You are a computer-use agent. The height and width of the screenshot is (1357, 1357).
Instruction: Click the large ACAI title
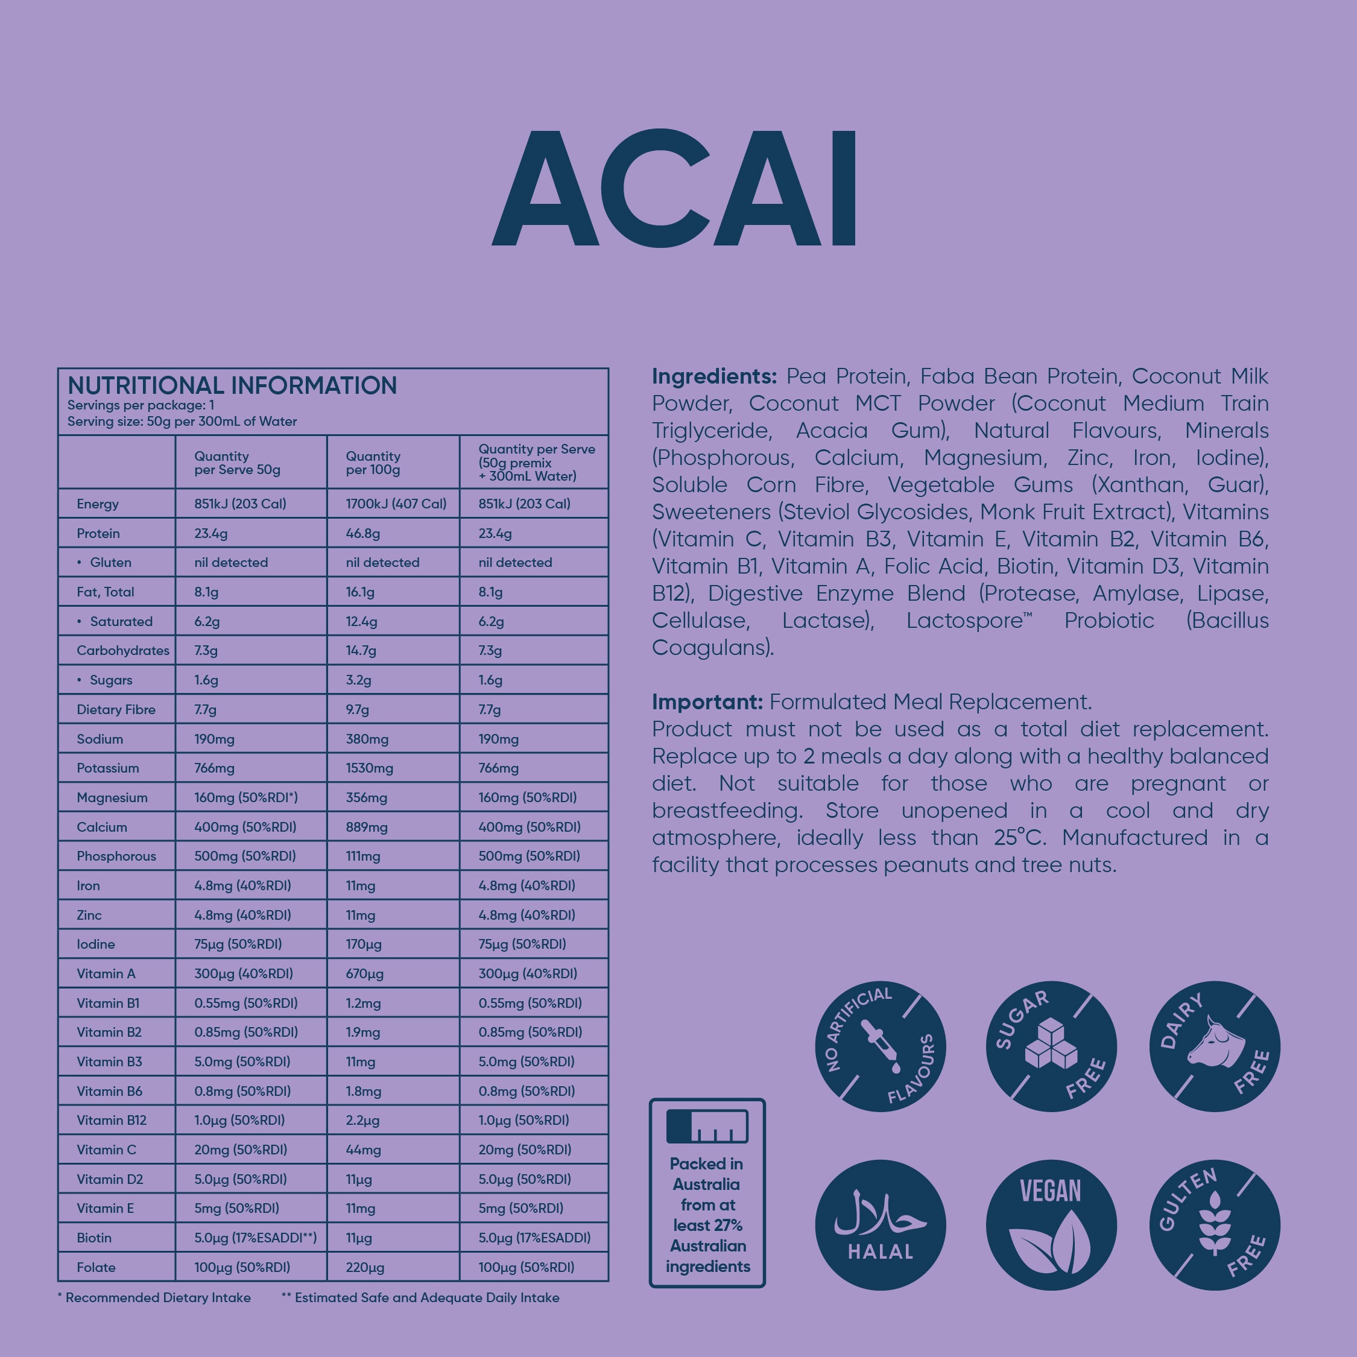click(x=674, y=188)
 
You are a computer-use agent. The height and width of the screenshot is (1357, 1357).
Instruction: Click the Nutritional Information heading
click(x=232, y=385)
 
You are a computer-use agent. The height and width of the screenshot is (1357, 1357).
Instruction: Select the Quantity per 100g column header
click(x=373, y=463)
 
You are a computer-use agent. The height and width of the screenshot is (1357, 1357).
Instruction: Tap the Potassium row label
click(x=107, y=768)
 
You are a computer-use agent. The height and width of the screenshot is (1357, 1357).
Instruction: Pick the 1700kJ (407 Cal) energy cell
click(x=396, y=504)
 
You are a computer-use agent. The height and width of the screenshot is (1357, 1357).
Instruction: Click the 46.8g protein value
click(x=362, y=533)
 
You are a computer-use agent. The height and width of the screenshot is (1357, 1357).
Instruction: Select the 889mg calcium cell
click(x=366, y=827)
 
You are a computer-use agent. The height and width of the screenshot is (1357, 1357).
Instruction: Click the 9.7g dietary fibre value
click(x=357, y=709)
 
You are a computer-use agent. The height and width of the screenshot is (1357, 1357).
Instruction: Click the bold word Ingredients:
click(x=713, y=376)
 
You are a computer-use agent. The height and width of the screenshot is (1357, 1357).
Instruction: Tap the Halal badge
click(x=880, y=1225)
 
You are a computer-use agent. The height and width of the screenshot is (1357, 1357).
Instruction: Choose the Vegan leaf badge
click(x=1051, y=1225)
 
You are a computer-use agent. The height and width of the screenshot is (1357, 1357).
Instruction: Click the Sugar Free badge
click(x=1051, y=1046)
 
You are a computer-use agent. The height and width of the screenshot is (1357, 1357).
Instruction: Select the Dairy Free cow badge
click(x=1215, y=1046)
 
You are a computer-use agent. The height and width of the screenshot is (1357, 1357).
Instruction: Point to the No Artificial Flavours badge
click(x=880, y=1046)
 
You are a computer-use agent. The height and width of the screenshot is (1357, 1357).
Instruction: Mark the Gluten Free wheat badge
click(x=1215, y=1225)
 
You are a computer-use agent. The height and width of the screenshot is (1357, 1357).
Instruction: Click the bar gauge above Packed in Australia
click(x=707, y=1126)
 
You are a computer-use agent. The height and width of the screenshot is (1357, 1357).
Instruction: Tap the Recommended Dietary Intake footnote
click(x=154, y=1297)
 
